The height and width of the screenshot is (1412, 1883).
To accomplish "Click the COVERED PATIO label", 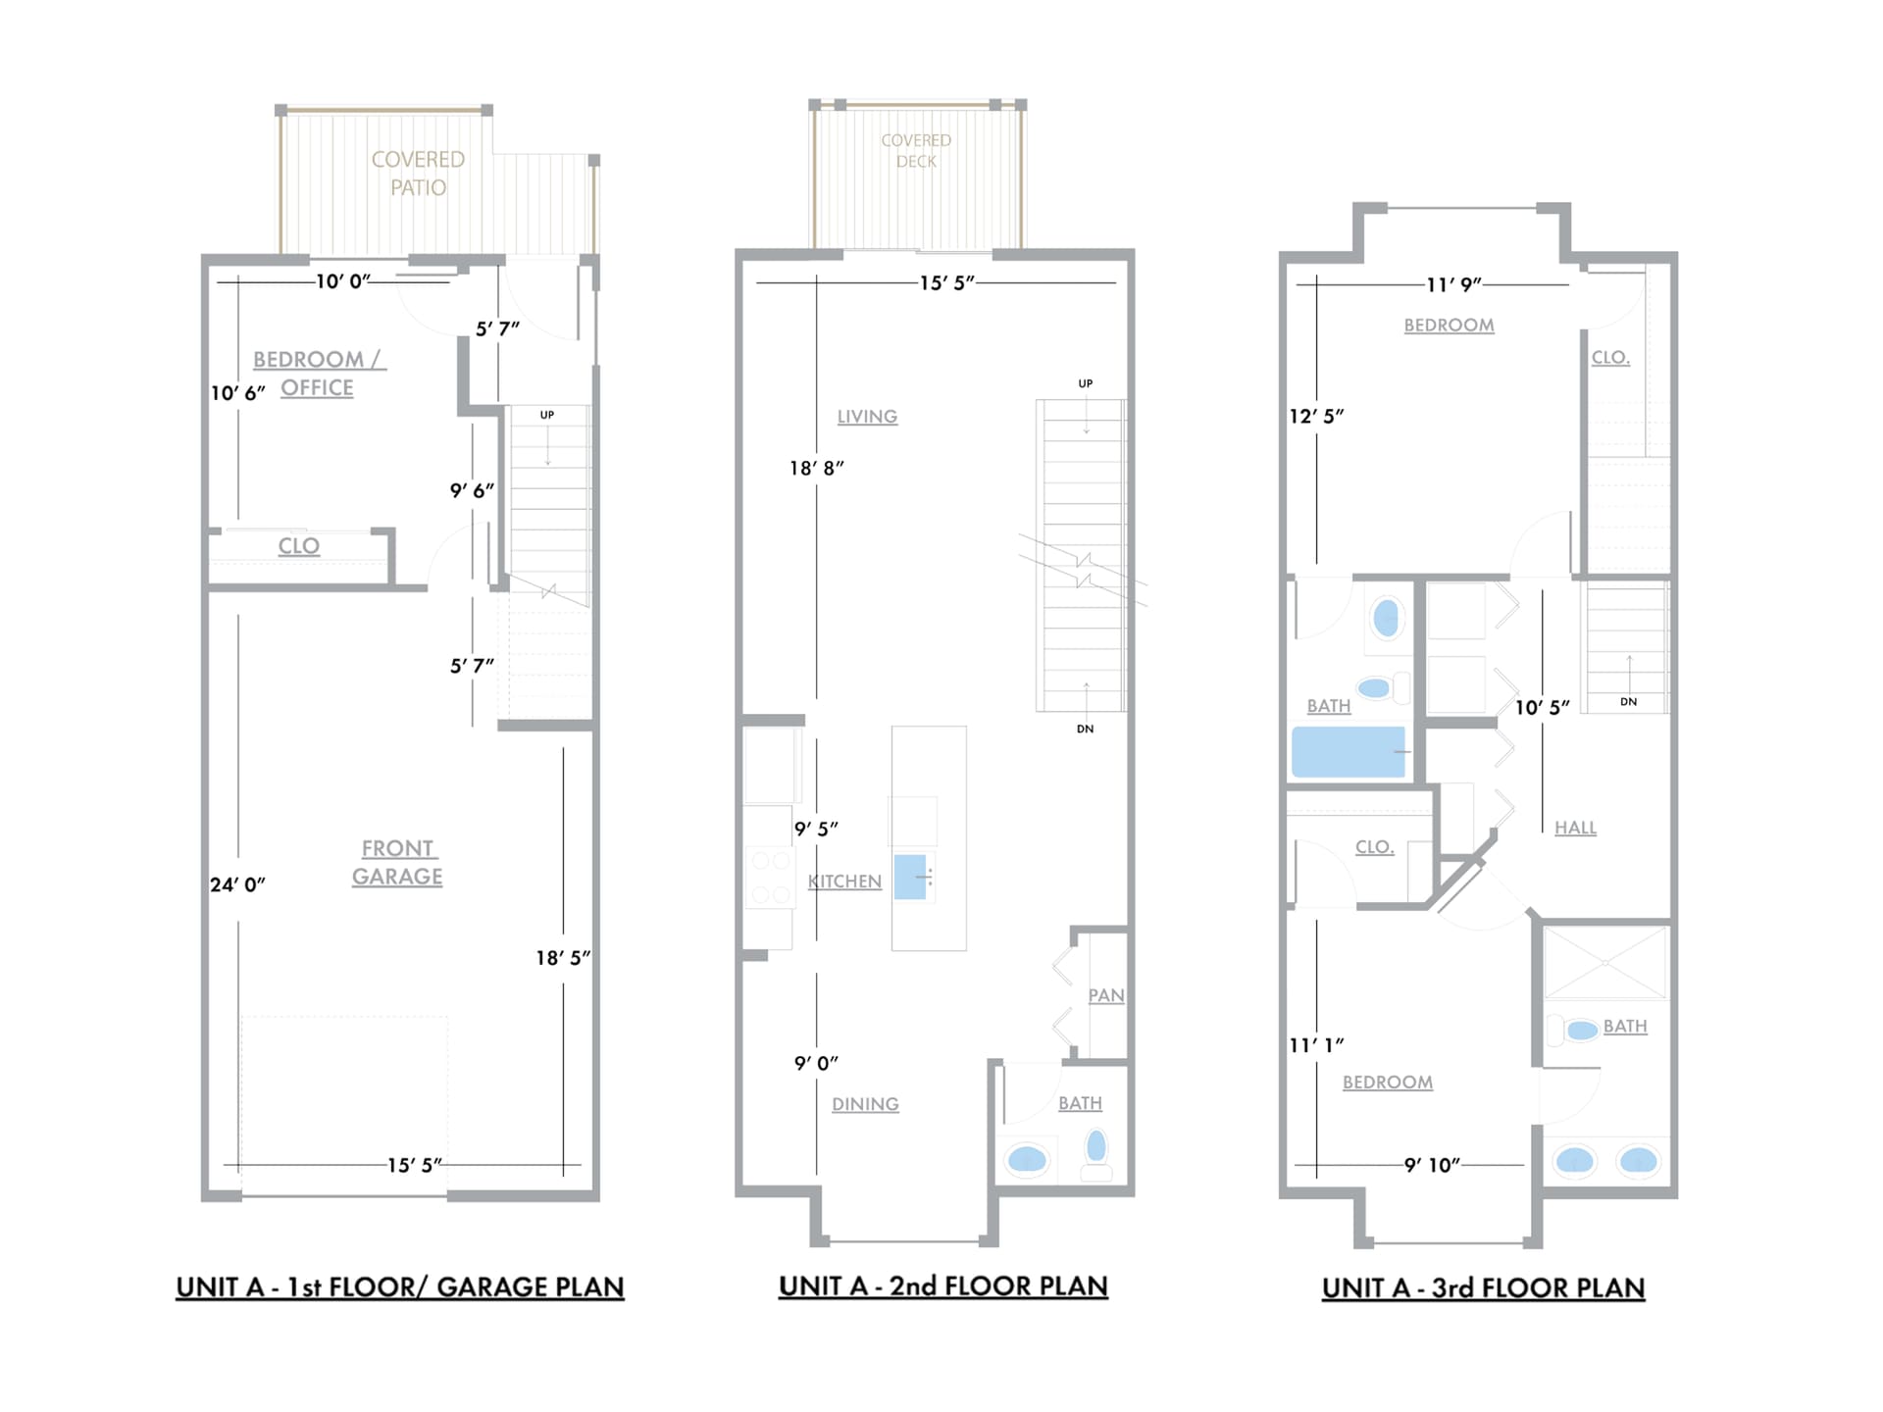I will (x=418, y=174).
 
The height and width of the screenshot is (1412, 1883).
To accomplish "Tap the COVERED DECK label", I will (x=916, y=151).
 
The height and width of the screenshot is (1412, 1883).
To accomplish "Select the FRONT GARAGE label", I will (x=397, y=862).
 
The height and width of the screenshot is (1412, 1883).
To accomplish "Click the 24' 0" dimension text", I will (x=237, y=884).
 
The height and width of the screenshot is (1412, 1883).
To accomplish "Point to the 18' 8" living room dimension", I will (x=816, y=468).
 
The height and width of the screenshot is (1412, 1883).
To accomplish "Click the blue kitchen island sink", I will (x=910, y=877).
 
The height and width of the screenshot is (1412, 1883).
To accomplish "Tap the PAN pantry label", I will (x=1105, y=995).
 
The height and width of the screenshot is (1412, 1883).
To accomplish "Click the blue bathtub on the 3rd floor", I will (x=1348, y=752).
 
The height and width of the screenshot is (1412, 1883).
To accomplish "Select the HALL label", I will (x=1575, y=828).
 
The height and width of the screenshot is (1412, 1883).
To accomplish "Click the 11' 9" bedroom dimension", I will (x=1453, y=284).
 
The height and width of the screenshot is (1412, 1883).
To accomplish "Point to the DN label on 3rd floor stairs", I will (x=1628, y=701).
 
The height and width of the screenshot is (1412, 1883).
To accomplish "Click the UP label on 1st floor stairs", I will (x=547, y=415).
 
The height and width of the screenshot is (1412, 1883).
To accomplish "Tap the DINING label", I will (x=865, y=1104).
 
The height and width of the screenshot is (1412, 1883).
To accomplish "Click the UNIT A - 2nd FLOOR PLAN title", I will (x=942, y=1286).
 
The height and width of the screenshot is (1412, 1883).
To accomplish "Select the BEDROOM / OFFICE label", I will (x=319, y=374).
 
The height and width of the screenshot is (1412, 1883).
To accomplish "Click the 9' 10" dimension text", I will (x=1432, y=1165).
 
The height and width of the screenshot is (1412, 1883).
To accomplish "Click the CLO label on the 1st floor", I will (x=298, y=546).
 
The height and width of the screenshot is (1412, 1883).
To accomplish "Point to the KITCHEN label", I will (x=844, y=882).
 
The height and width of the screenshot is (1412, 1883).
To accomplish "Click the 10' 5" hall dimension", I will (x=1542, y=707).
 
